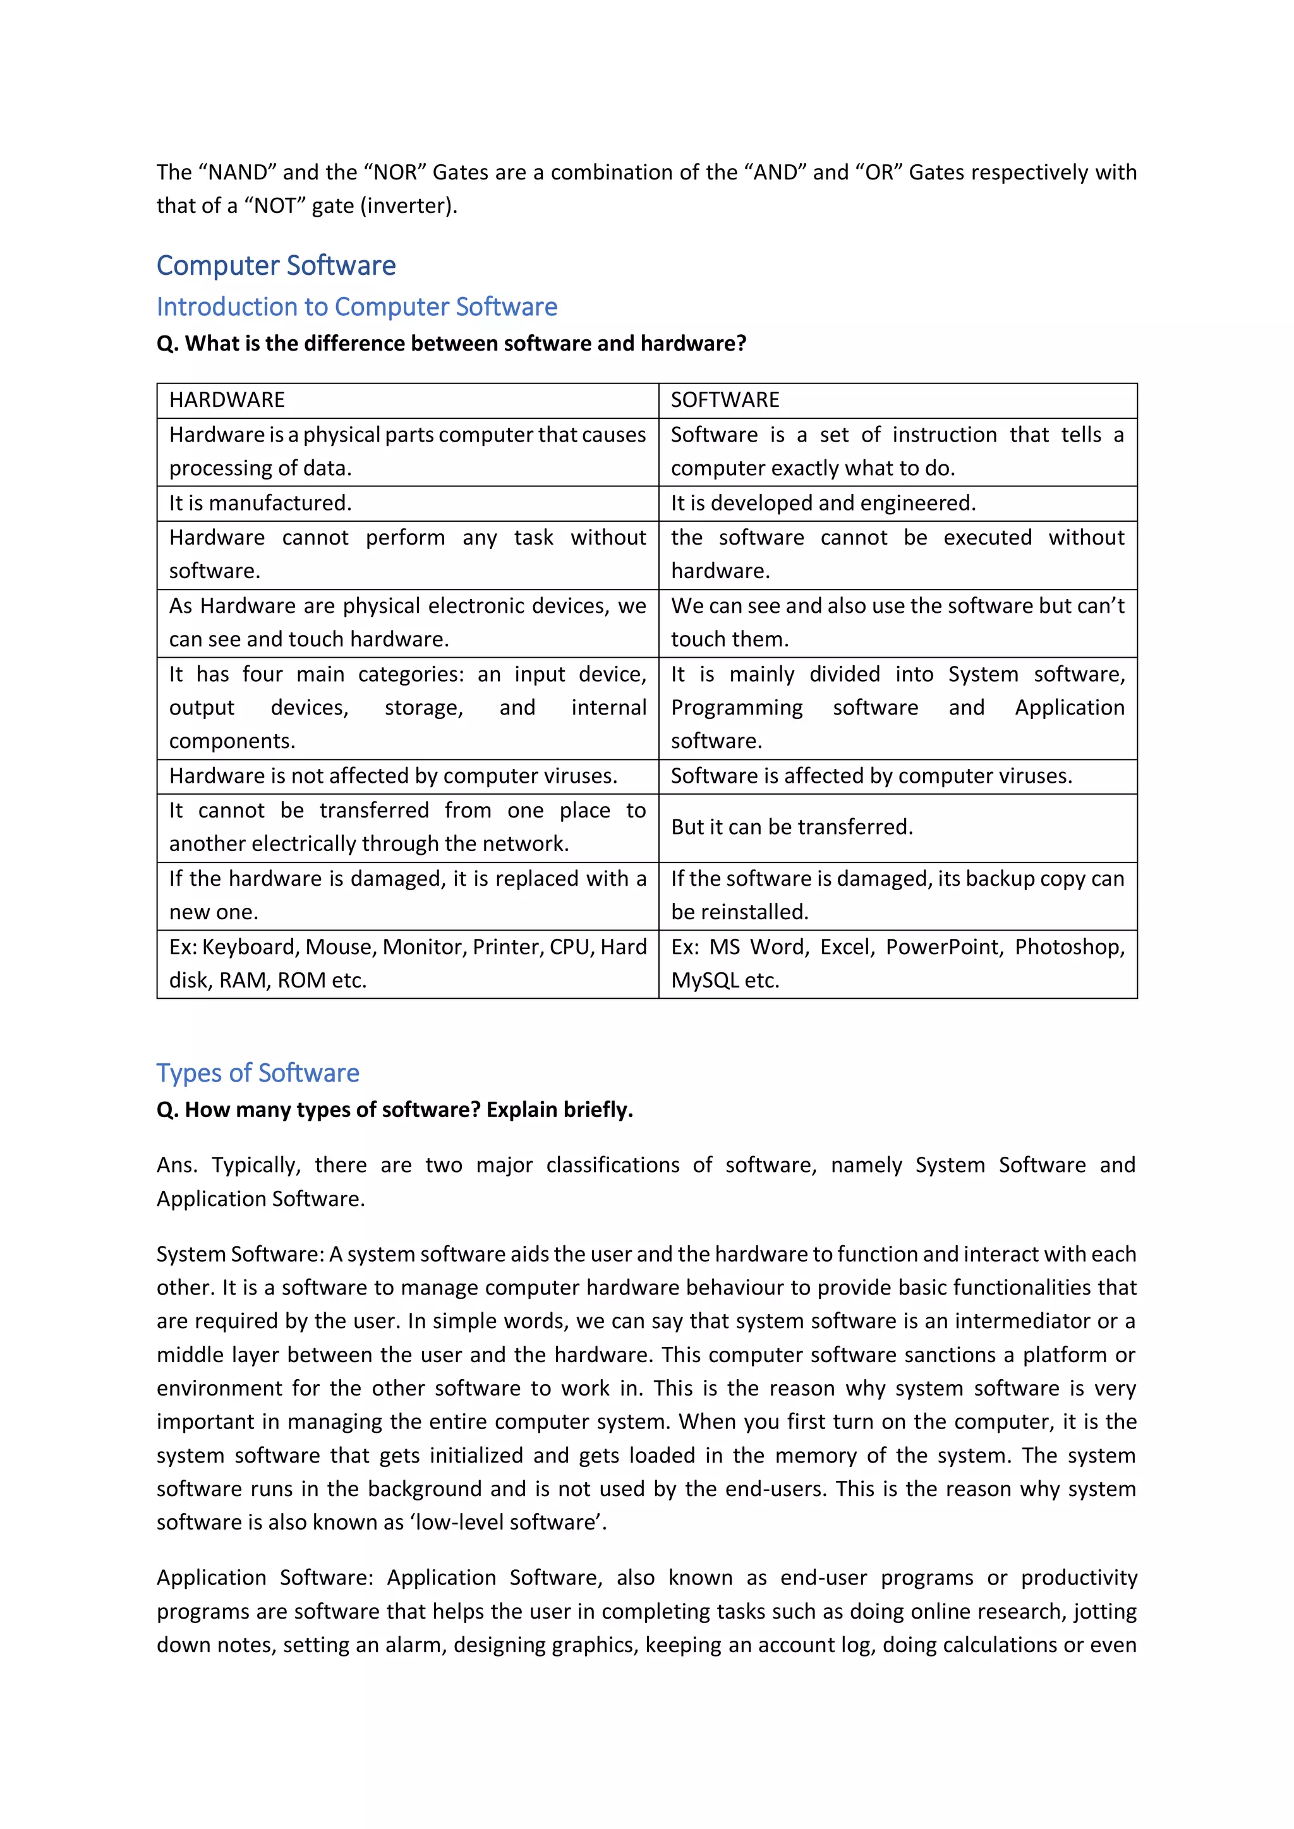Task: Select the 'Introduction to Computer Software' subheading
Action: tap(356, 306)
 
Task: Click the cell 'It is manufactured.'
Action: tap(260, 503)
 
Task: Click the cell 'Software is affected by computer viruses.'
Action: tap(871, 776)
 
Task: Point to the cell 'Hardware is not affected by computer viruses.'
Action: tap(393, 776)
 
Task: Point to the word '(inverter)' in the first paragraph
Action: tap(409, 205)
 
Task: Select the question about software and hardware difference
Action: tap(451, 343)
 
